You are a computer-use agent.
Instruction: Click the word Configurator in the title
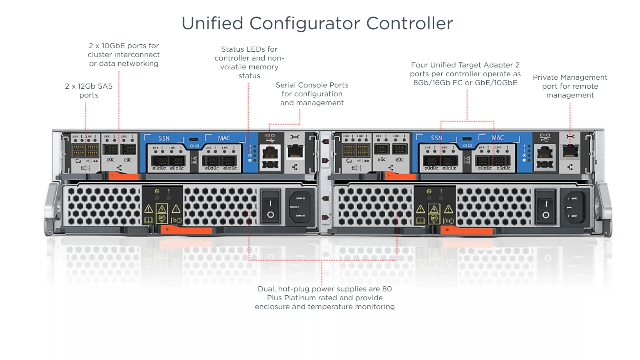304,24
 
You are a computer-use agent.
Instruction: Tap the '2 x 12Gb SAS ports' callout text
89,91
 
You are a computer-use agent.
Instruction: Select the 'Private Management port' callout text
569,86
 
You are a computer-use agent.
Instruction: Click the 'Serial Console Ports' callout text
312,94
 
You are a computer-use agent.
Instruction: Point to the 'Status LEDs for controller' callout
249,62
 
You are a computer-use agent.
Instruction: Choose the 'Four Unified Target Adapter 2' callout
465,74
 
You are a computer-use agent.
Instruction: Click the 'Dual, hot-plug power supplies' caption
324,298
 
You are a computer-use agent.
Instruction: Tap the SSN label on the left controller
164,138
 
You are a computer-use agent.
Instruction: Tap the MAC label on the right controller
497,138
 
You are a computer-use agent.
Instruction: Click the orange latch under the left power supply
186,230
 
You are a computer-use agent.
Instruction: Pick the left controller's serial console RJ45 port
270,153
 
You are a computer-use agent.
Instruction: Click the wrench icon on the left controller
295,137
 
